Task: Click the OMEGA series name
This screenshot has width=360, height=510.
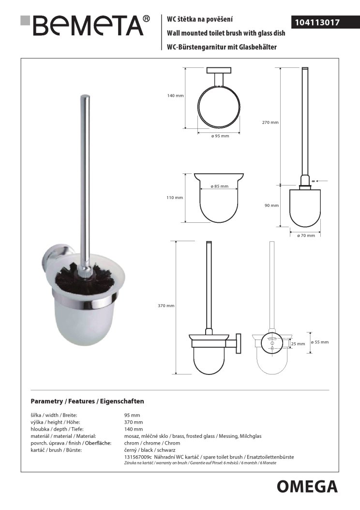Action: coord(307,486)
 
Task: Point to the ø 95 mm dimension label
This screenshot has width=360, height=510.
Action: coord(220,137)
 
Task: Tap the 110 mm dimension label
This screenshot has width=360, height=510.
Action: coord(175,198)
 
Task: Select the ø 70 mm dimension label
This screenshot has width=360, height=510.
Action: coord(306,235)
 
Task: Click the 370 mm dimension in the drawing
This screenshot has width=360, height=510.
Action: coord(166,306)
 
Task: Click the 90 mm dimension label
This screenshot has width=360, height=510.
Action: coord(272,206)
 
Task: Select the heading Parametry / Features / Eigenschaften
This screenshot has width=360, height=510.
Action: coord(87,402)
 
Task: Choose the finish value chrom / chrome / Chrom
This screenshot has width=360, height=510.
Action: coord(152,443)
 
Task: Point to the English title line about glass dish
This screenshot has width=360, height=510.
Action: coord(225,33)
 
